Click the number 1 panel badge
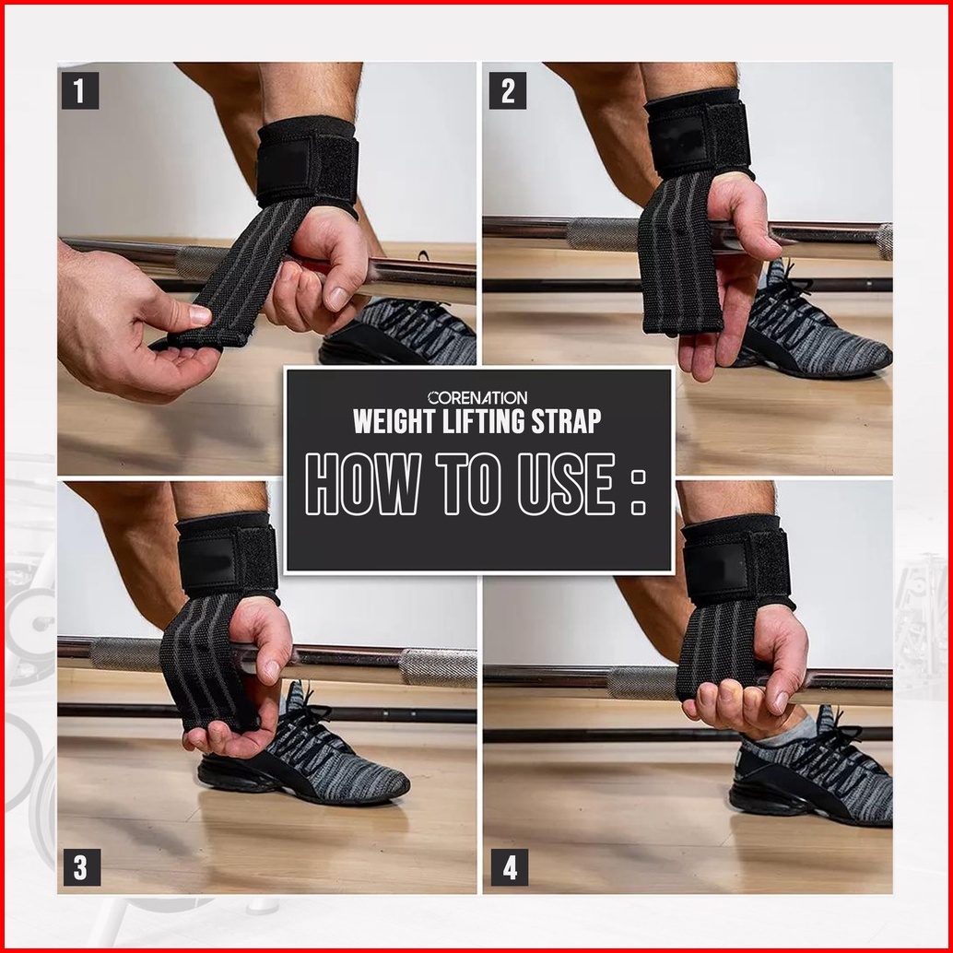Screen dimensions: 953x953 (x=80, y=90)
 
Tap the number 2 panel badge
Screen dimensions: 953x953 (x=508, y=90)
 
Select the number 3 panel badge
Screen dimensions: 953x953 (x=82, y=867)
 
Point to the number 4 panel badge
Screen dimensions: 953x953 (x=510, y=867)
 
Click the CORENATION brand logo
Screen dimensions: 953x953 (x=477, y=397)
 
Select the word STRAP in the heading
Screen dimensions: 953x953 (x=566, y=421)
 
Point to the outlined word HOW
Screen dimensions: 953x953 (x=363, y=485)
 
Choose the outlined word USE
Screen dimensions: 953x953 (x=566, y=485)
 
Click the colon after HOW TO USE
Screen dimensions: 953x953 (x=638, y=491)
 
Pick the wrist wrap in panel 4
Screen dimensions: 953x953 (x=736, y=562)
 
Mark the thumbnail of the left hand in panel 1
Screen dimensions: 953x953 (x=199, y=315)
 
